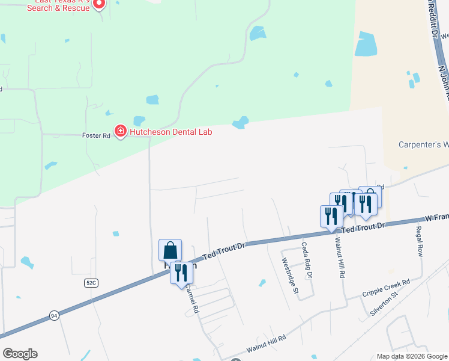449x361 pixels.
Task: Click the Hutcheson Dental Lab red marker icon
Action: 120,131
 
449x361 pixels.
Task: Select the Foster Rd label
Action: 96,136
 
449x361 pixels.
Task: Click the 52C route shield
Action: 91,282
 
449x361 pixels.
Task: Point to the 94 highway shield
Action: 54,316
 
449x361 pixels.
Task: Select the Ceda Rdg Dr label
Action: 307,259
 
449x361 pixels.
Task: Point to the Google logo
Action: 20,354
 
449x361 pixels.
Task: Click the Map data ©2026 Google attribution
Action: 412,356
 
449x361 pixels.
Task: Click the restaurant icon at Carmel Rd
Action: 181,273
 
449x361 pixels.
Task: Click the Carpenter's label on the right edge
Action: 424,144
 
